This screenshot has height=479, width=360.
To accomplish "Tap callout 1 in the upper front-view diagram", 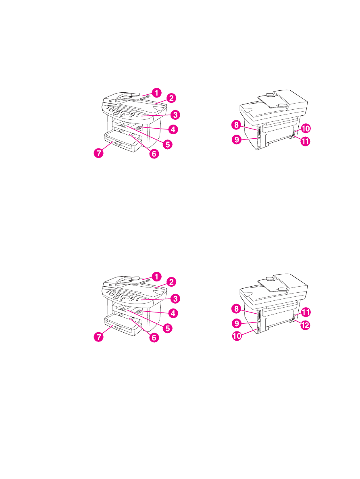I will [157, 92].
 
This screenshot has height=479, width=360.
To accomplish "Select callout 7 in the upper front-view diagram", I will [98, 153].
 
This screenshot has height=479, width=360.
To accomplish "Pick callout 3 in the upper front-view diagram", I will [174, 115].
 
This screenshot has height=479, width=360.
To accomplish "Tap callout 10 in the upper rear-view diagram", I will [305, 129].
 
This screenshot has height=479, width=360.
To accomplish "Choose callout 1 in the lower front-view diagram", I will [156, 276].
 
